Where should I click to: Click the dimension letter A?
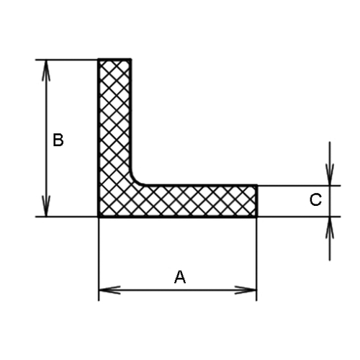[x=180, y=276]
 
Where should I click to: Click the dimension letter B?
[x=58, y=140]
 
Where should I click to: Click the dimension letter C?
[x=315, y=199]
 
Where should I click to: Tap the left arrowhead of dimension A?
[x=109, y=290]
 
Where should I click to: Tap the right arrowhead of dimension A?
[x=246, y=290]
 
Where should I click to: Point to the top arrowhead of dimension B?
[x=46, y=70]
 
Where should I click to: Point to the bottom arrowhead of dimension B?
[x=46, y=206]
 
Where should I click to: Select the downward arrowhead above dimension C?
[x=330, y=174]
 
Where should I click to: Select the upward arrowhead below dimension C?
[x=330, y=228]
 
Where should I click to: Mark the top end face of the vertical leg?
[x=114, y=59]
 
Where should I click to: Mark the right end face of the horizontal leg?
[x=256, y=201]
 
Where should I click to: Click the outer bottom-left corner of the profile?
[x=99, y=217]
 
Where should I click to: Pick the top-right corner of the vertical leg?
[x=131, y=59]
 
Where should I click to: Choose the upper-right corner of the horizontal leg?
[x=257, y=185]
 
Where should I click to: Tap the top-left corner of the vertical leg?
[x=99, y=59]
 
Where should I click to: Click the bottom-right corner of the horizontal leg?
[x=257, y=217]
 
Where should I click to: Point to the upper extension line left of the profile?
[x=66, y=60]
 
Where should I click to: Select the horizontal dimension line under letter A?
[x=178, y=290]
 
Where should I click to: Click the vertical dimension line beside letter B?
[x=46, y=138]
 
